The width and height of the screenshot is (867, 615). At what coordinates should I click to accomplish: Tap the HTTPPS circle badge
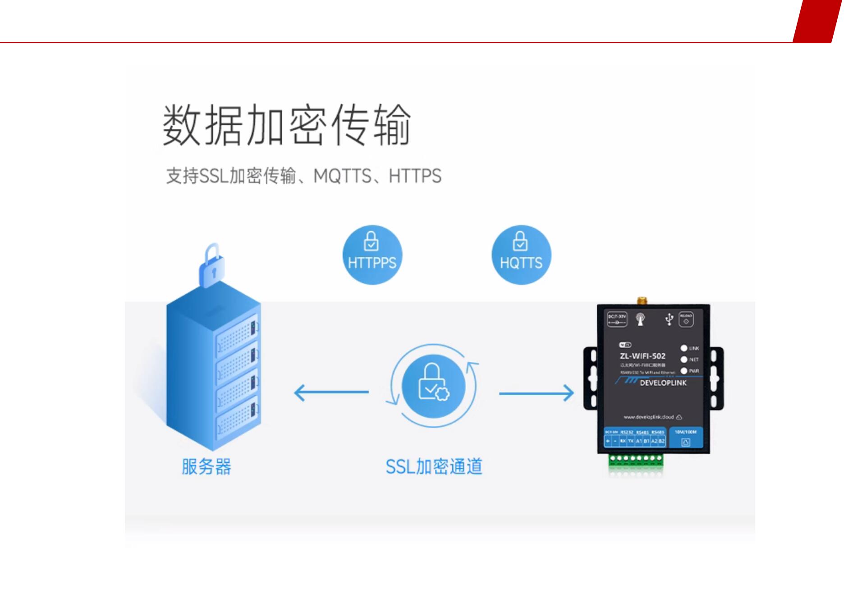(372, 255)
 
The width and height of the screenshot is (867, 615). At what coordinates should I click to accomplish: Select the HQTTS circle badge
(521, 255)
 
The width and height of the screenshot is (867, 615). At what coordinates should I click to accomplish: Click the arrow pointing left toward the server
(331, 392)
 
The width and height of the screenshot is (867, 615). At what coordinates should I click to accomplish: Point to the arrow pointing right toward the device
(537, 393)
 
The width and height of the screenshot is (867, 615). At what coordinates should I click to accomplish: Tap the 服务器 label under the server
(206, 467)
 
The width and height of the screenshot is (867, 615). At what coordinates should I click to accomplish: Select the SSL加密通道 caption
(434, 467)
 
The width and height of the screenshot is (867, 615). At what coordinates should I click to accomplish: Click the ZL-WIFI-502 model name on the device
(642, 356)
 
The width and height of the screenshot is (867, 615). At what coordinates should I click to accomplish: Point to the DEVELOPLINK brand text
(663, 383)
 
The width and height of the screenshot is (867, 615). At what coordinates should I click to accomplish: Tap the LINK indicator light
(684, 348)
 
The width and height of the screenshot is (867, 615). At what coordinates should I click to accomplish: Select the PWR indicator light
(684, 371)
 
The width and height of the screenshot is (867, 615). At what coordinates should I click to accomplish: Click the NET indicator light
(684, 360)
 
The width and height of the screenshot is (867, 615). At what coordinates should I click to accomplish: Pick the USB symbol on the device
(669, 319)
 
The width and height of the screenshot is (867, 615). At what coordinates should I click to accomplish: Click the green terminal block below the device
(636, 459)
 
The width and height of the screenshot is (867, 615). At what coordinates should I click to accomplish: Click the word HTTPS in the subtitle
(415, 176)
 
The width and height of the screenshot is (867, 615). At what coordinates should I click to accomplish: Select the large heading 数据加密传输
(287, 125)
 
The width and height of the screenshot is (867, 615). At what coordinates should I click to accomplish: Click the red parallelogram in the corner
(817, 21)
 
